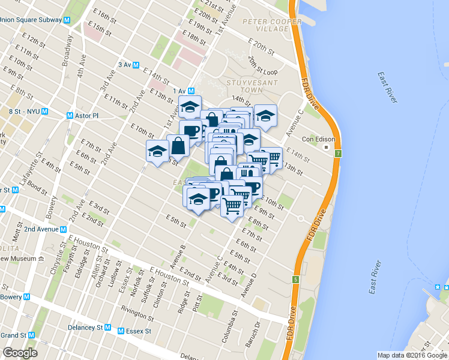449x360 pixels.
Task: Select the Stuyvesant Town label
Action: [245, 85]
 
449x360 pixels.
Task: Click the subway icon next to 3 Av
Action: [136, 65]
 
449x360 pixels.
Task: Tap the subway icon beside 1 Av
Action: [191, 91]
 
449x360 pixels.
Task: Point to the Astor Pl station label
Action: [89, 115]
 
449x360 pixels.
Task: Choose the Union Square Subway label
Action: [31, 20]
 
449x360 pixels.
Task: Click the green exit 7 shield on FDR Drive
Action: [339, 154]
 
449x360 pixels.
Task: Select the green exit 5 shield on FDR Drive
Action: [296, 280]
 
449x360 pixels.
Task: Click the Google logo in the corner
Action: [20, 352]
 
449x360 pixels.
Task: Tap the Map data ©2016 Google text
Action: [412, 355]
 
